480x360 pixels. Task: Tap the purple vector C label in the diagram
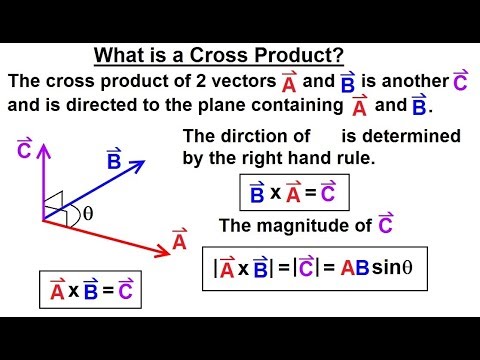point(25,152)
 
